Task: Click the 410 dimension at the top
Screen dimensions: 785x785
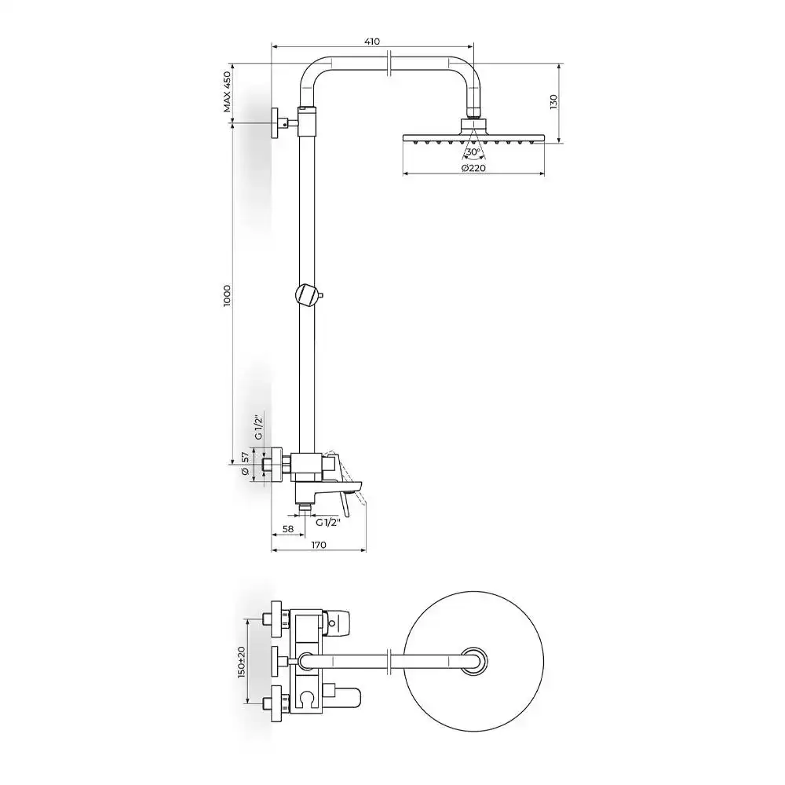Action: coord(372,41)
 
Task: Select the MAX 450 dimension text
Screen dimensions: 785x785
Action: coord(228,92)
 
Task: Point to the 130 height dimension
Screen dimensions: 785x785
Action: coord(553,101)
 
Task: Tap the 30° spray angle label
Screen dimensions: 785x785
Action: coord(473,152)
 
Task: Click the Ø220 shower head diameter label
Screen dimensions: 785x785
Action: coord(473,168)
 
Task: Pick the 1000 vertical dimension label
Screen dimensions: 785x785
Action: coord(228,295)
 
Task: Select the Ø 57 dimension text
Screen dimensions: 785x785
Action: coord(245,464)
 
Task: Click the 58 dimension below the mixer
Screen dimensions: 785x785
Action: coord(288,528)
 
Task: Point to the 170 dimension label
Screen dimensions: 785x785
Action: coord(319,545)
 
